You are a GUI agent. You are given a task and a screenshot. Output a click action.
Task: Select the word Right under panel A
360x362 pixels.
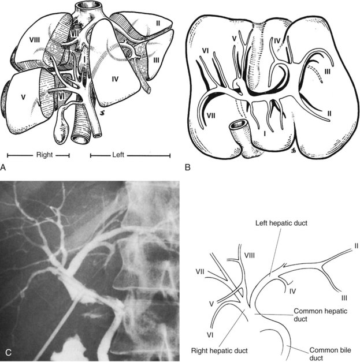[38, 155]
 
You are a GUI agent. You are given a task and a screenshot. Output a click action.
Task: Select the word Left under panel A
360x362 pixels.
[129, 155]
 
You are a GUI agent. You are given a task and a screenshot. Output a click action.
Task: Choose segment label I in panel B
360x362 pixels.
[265, 133]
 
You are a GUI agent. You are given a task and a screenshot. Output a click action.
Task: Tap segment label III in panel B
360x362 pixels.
[328, 70]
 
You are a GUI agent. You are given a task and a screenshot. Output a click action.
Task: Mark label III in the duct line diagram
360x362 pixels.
[344, 297]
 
